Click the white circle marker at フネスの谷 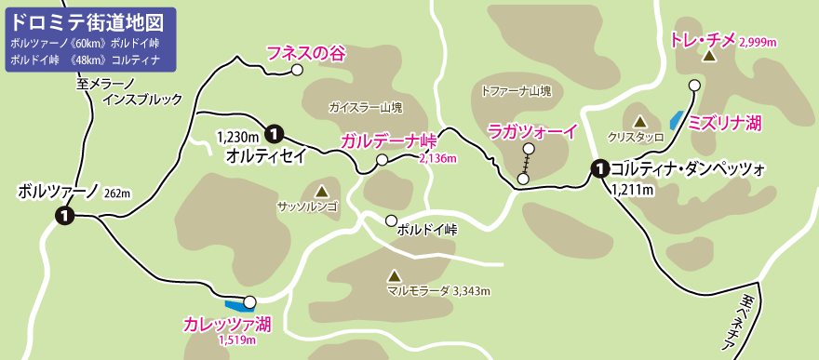(x=297, y=70)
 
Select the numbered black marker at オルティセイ (x=275, y=133)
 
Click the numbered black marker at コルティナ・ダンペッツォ (x=600, y=168)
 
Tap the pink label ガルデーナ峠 (x=388, y=140)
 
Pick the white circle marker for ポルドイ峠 (x=391, y=220)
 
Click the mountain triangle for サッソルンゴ (x=321, y=189)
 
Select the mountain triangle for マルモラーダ (x=394, y=275)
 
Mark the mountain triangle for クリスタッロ (x=640, y=121)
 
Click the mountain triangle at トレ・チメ (x=709, y=57)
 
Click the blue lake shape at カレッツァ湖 (x=235, y=303)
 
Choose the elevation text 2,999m (x=759, y=43)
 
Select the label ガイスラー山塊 (x=365, y=108)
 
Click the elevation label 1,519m (x=236, y=340)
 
